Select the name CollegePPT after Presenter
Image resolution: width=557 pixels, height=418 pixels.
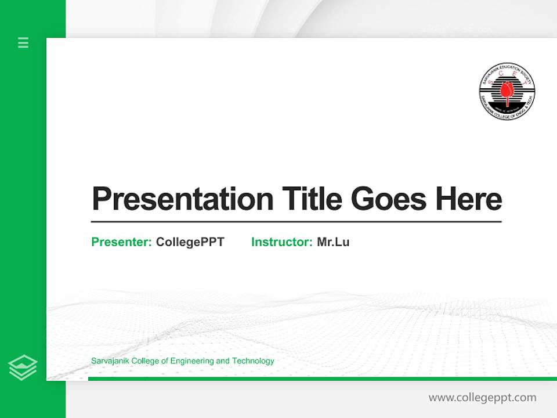pyautogui.click(x=190, y=242)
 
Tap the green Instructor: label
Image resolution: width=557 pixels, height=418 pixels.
pyautogui.click(x=282, y=242)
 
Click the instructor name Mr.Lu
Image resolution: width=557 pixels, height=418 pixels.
pyautogui.click(x=333, y=242)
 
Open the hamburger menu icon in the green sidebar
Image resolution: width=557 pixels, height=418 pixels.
pyautogui.click(x=23, y=42)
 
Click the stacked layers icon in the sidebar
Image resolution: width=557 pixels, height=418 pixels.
pyautogui.click(x=23, y=367)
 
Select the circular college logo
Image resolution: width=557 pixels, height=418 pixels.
pyautogui.click(x=507, y=92)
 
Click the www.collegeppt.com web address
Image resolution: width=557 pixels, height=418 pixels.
pyautogui.click(x=482, y=398)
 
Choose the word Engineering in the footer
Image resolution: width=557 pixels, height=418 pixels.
pyautogui.click(x=192, y=361)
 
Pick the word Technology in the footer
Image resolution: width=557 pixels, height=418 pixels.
pyautogui.click(x=253, y=361)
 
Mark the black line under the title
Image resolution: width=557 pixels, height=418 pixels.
pyautogui.click(x=296, y=222)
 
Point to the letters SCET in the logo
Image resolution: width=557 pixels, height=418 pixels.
pyautogui.click(x=507, y=81)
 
